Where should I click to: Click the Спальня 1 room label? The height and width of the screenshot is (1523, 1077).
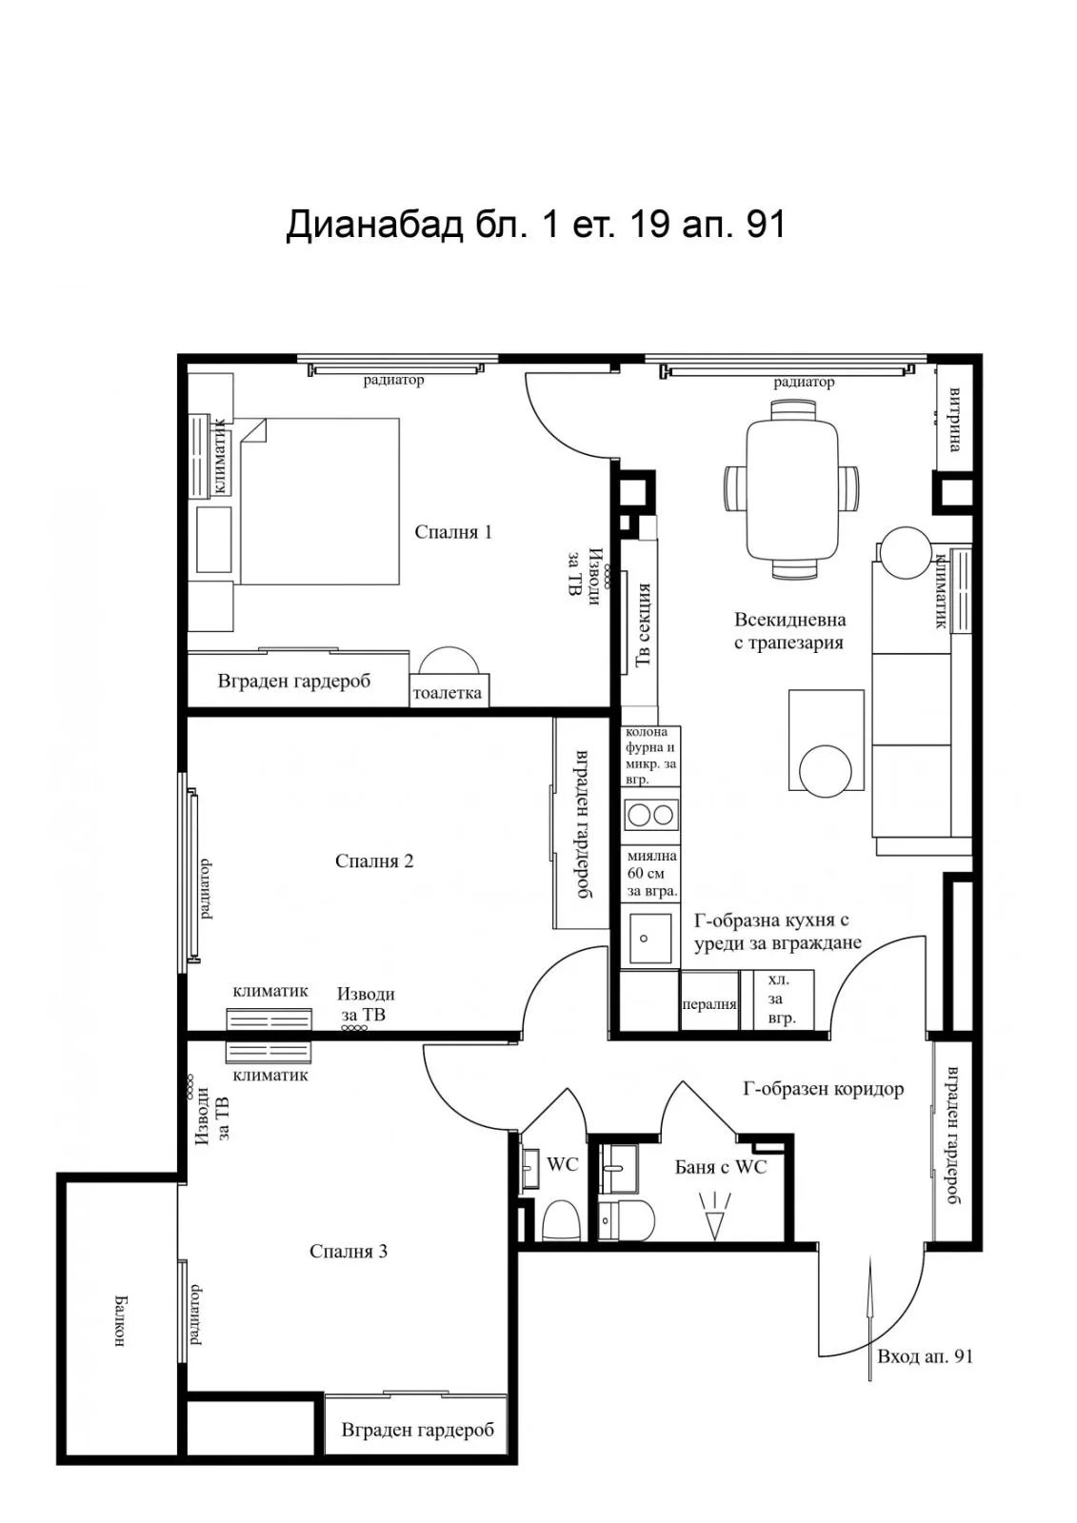pos(453,532)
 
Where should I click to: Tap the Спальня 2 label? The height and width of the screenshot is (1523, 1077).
pos(374,860)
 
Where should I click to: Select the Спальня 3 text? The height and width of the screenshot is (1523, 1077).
pos(349,1251)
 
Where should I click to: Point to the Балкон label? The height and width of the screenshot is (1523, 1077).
pos(119,1321)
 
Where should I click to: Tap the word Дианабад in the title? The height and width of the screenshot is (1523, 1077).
pos(374,225)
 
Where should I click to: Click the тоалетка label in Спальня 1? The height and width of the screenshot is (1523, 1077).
pos(447,693)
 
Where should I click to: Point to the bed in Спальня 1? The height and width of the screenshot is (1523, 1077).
pos(318,501)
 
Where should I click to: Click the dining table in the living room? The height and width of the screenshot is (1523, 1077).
pos(792,489)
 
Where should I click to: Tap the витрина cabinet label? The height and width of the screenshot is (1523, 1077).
pos(954,420)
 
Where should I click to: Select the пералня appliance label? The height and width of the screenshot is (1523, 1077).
pos(709,1004)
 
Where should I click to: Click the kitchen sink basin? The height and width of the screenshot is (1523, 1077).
pos(650,939)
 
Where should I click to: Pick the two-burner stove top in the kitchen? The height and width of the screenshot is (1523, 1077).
pos(651,815)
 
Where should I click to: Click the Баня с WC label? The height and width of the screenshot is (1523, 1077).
pos(721,1167)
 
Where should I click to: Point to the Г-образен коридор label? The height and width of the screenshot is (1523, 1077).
pos(824,1089)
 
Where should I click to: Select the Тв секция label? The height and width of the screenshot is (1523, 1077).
pos(643,624)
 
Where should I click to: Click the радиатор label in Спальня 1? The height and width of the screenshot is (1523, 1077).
pos(393,380)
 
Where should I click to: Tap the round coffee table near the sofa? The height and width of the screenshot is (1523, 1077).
pos(826,771)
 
